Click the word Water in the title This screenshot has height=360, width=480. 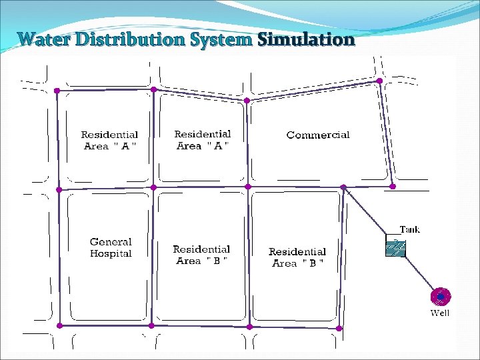point(45,39)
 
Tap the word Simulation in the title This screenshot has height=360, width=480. point(306,39)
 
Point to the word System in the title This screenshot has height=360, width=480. point(221,39)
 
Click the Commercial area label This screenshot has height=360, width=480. point(318,135)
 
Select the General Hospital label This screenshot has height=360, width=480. point(111,248)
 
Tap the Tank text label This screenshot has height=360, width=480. point(409,230)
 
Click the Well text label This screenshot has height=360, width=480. point(440,313)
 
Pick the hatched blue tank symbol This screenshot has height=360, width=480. point(395,248)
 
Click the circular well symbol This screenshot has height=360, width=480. point(441,296)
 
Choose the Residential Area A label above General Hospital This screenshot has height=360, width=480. point(110,141)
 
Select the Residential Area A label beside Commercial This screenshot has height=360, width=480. point(203,140)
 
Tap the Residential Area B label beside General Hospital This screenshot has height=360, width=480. point(201,255)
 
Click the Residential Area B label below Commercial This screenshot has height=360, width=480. point(297,257)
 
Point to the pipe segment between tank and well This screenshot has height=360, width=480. point(420,273)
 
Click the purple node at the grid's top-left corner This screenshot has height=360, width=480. point(57,90)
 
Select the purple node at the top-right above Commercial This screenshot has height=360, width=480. point(379,81)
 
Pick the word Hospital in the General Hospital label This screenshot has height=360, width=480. point(111,254)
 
